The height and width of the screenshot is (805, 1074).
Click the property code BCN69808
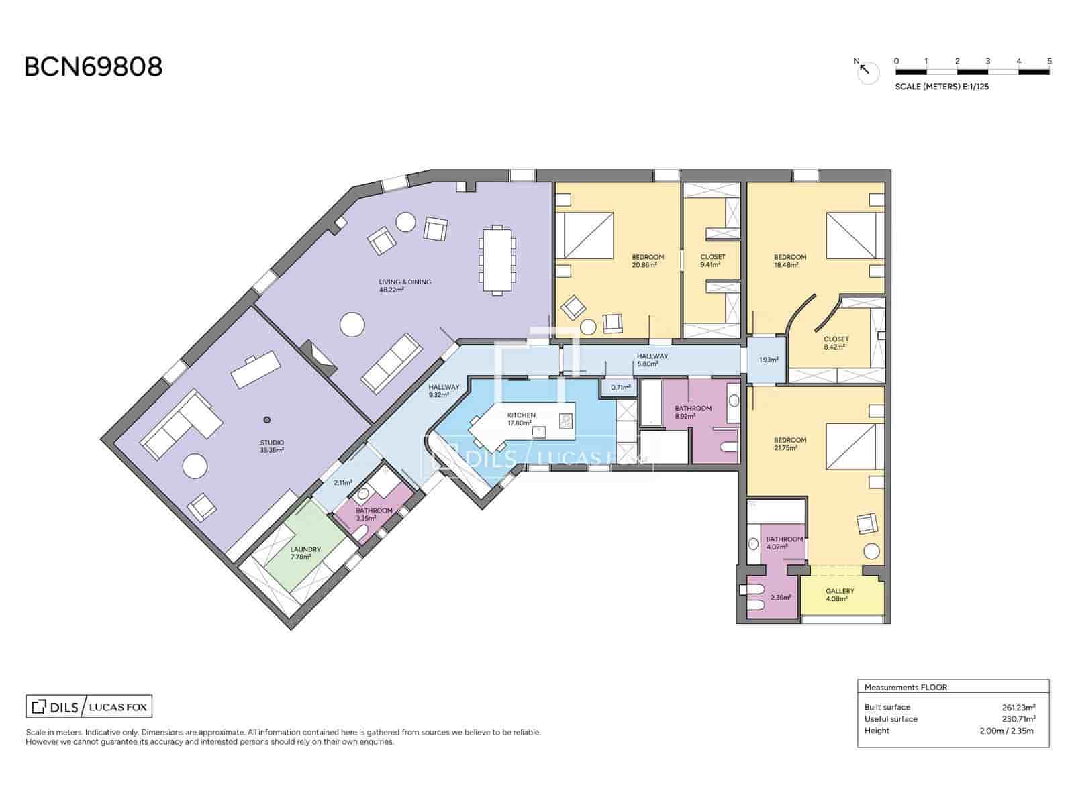click(93, 67)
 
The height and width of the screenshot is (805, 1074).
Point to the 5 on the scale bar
click(1049, 61)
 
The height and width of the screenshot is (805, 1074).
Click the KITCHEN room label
click(521, 415)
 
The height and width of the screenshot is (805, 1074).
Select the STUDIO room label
click(272, 443)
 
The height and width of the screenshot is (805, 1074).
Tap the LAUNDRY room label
click(305, 549)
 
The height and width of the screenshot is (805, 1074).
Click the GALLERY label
click(840, 591)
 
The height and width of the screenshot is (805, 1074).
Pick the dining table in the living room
click(497, 260)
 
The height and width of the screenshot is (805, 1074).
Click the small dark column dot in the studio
click(266, 419)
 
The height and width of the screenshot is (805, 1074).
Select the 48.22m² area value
click(391, 290)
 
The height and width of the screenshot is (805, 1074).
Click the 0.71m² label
click(621, 388)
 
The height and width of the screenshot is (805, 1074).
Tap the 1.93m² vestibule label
click(768, 360)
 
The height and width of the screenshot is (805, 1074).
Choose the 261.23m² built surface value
click(1018, 707)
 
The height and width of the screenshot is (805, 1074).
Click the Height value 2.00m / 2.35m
click(1006, 731)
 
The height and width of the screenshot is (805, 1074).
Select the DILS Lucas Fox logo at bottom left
click(89, 706)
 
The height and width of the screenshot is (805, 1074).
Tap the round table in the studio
click(195, 466)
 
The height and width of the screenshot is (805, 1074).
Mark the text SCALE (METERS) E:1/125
click(941, 87)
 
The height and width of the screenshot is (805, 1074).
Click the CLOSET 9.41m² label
click(712, 260)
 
